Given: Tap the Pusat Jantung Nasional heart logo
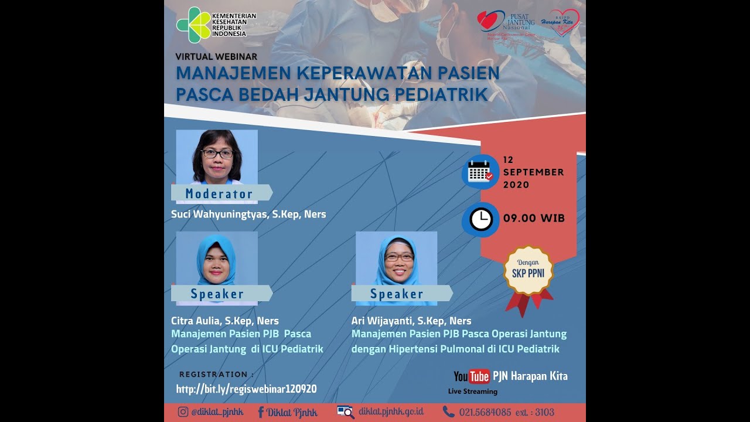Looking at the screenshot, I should coord(490,22).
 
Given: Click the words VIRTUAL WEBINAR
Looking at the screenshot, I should coord(216,57).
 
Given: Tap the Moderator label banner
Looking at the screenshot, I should coord(220,193).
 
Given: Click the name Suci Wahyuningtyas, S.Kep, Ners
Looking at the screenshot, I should coord(248,215).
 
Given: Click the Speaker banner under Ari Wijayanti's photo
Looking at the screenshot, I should coord(398,294).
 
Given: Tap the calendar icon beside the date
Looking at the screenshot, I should coord(480,172).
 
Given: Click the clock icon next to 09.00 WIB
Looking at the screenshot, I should coord(480,219).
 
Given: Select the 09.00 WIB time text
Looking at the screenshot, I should coord(534,219).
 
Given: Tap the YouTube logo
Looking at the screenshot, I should coord(472,376).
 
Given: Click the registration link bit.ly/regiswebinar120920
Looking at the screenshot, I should coord(247,389).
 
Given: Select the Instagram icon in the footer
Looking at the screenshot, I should coord(183,412).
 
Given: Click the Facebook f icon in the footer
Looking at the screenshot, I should coord(261,412).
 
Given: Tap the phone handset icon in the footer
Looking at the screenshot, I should coord(448,411).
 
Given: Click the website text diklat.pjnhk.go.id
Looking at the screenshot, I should coord(391,411).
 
